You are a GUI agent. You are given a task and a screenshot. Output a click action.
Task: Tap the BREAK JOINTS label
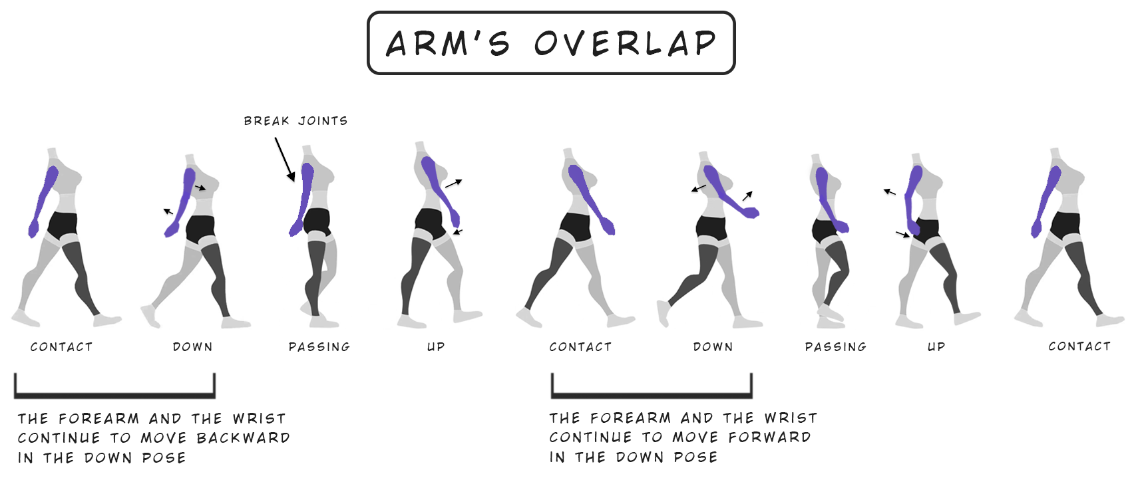click(295, 121)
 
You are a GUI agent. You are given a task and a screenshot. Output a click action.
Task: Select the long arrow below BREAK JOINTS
click(285, 159)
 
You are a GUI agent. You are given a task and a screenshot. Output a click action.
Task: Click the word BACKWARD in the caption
click(244, 438)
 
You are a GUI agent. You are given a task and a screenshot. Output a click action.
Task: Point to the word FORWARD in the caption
click(769, 437)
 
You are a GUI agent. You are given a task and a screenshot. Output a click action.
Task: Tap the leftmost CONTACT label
click(62, 347)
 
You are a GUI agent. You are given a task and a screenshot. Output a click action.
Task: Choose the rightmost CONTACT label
click(1079, 347)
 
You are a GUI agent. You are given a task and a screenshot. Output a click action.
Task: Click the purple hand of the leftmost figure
click(33, 229)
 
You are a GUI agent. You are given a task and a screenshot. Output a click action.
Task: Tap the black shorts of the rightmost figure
click(1065, 225)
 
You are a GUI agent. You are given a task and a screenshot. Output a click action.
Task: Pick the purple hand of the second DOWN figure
click(752, 213)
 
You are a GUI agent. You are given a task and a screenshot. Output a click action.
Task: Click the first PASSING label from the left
click(319, 347)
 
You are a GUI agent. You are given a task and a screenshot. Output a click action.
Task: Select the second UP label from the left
click(936, 347)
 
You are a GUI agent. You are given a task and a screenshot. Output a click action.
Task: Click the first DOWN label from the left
click(193, 347)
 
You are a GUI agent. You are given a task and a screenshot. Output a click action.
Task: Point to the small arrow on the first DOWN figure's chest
click(200, 187)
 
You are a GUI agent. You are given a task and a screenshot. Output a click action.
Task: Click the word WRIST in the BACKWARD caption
click(260, 419)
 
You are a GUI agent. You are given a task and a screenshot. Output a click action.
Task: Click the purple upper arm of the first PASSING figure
click(307, 183)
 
